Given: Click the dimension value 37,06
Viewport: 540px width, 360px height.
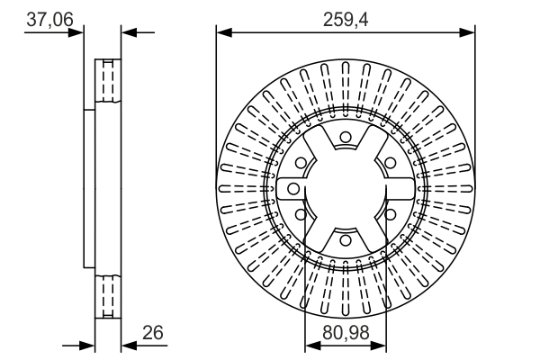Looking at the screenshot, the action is coord(49,19).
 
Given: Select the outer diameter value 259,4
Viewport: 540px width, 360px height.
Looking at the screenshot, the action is coord(346,19).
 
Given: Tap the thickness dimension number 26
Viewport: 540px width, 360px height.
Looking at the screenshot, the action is coord(153,332).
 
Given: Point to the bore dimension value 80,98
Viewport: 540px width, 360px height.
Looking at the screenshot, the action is coord(346,332).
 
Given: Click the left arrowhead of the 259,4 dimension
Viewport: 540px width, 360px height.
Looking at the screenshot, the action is coord(224,32).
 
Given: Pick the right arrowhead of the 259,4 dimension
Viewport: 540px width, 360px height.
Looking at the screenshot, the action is coord(467,32).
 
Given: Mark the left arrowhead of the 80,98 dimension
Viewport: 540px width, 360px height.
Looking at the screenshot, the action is coord(313,346).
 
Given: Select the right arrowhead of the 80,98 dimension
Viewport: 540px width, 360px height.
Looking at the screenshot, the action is coord(378,346).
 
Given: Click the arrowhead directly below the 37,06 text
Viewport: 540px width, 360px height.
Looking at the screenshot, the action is coord(76,32).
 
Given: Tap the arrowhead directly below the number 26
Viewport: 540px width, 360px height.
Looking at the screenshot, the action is coord(130,346).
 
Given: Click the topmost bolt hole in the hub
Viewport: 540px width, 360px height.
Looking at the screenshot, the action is coord(346,137).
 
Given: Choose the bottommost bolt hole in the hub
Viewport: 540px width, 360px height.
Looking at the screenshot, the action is coord(346,239).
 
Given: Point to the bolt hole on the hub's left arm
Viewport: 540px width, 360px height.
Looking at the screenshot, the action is coord(293,188).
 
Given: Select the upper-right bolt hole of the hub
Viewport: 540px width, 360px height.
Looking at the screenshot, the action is coord(390,163).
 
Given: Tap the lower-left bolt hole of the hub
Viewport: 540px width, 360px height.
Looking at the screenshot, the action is coord(301,214).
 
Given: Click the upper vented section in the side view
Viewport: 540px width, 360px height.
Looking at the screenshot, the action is coord(108,81).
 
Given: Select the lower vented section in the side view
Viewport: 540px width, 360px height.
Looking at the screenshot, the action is coord(108,297).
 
